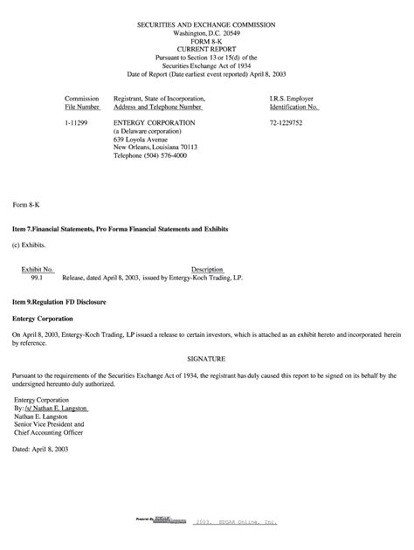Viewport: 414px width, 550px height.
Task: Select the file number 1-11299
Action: tap(78, 124)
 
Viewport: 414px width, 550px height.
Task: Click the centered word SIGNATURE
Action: tap(207, 358)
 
